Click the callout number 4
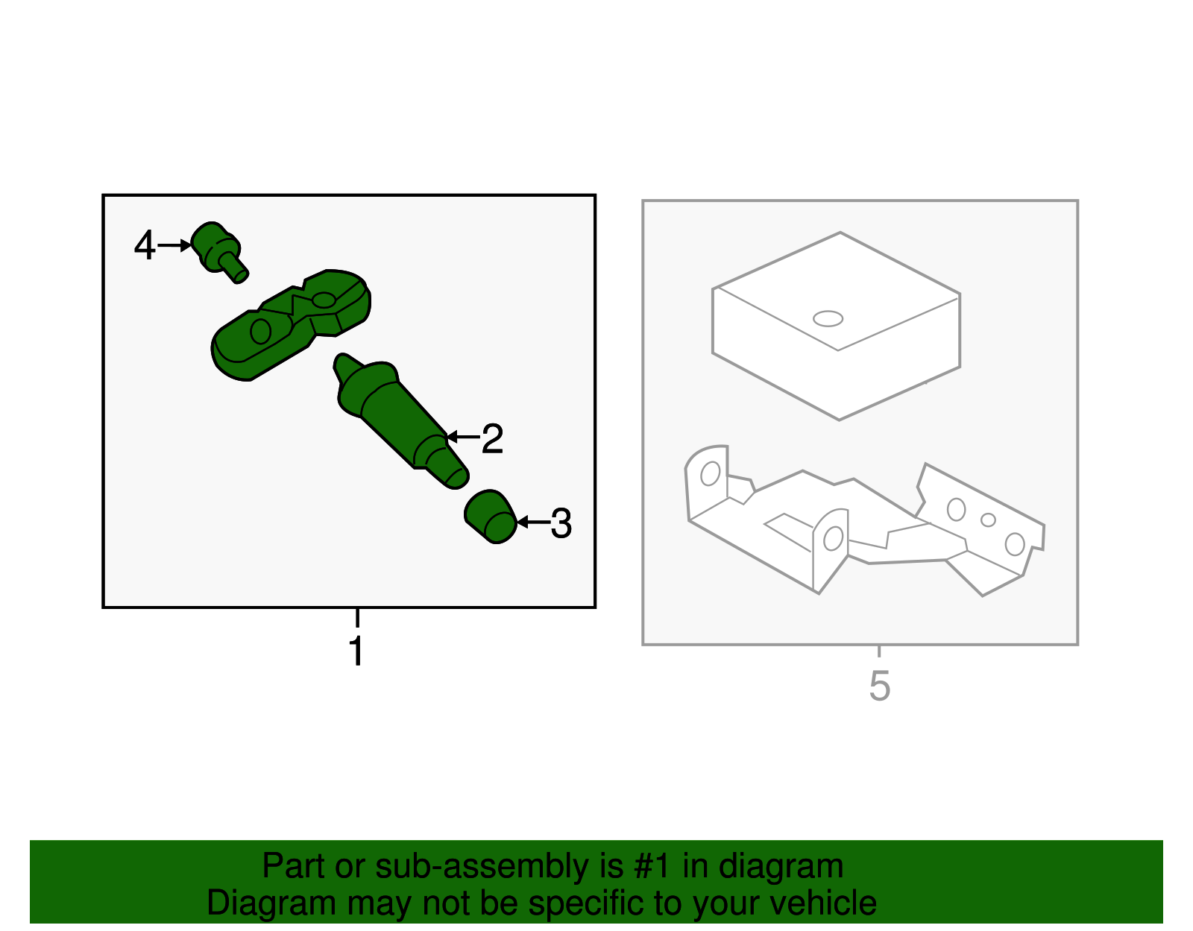[145, 245]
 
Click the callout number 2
[492, 438]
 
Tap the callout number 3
[561, 523]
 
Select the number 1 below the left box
[357, 650]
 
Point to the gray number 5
[880, 686]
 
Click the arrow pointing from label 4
[174, 245]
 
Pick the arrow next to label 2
[463, 438]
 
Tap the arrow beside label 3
[534, 522]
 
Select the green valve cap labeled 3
[491, 517]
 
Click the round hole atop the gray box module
[828, 319]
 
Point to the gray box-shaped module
[836, 326]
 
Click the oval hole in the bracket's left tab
[711, 473]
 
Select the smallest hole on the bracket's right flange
[988, 520]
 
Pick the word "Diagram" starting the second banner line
[271, 904]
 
